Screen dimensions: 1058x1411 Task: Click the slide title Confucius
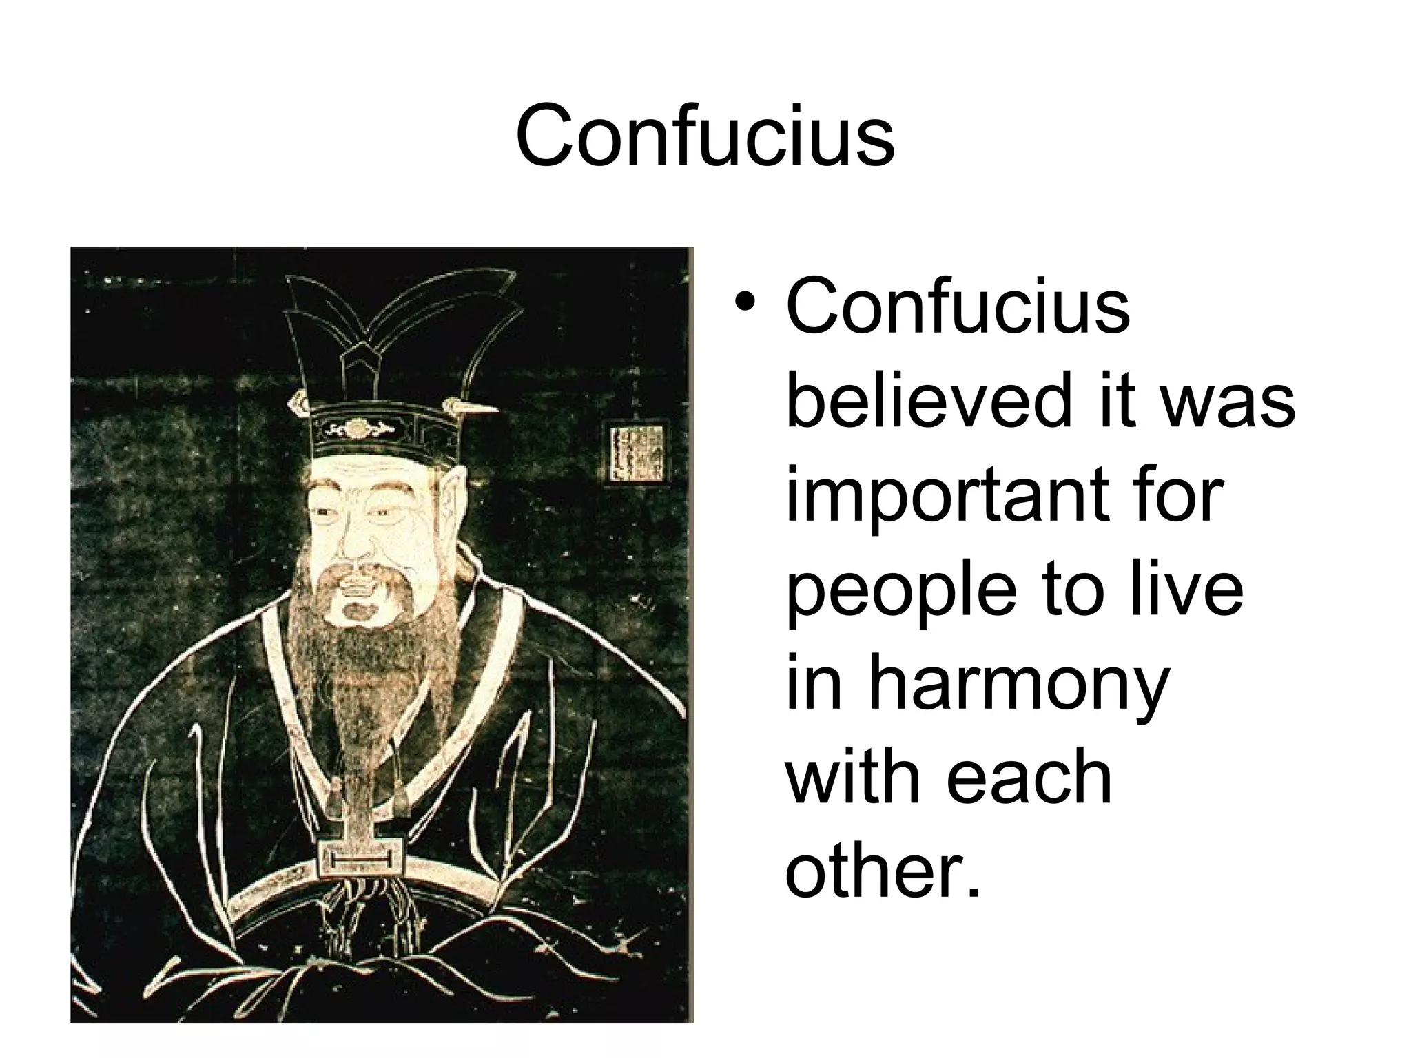(705, 136)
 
